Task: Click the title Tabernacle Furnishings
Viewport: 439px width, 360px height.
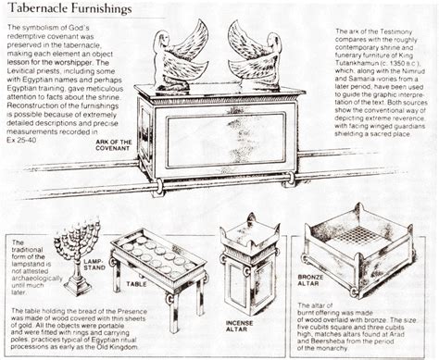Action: [x=67, y=11]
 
